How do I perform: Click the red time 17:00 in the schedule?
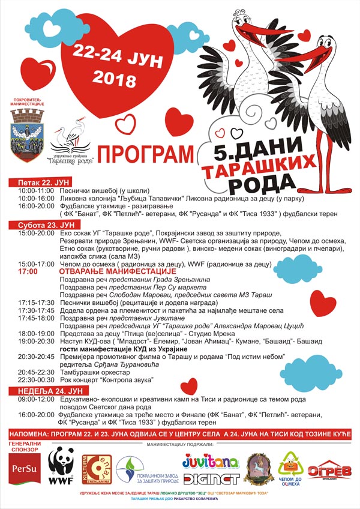(28, 271)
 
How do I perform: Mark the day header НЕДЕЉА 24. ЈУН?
(40, 389)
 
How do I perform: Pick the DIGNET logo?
(211, 478)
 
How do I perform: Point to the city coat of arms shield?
(28, 131)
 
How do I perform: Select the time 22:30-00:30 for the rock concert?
(35, 380)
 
